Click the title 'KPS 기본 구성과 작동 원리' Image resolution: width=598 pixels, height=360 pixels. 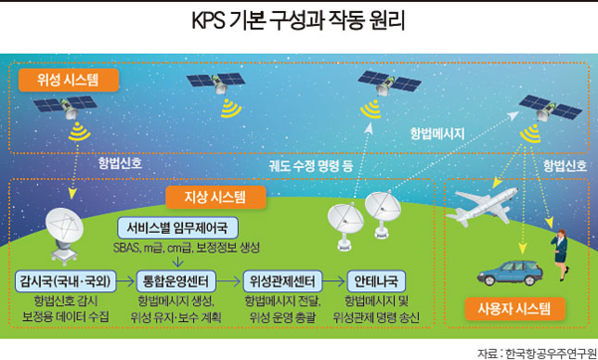click(x=299, y=21)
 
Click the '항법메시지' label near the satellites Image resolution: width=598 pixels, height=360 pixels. click(x=438, y=131)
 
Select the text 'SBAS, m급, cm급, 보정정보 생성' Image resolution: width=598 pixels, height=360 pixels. click(x=175, y=245)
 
